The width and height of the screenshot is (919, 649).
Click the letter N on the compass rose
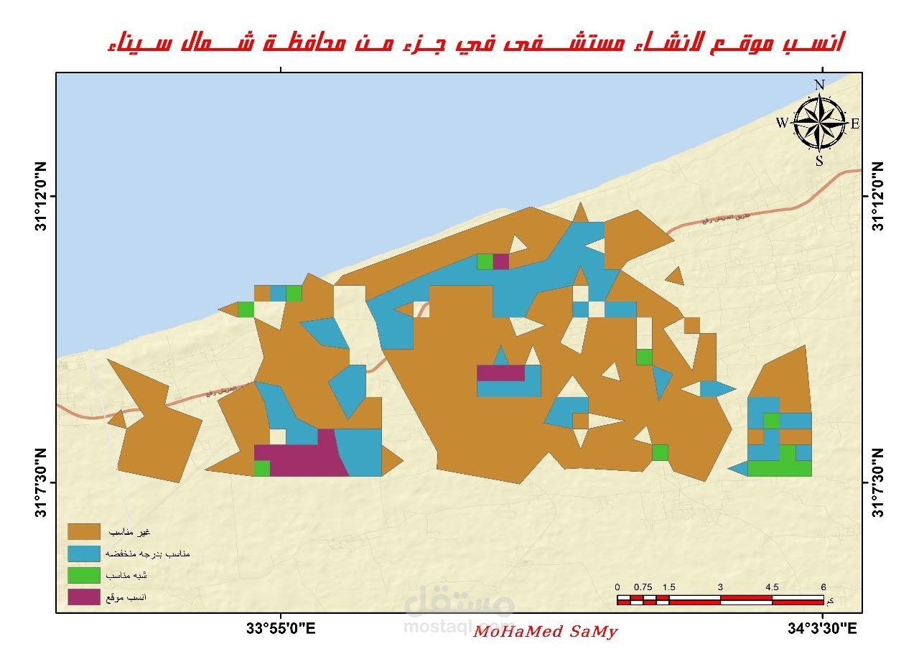[819, 85]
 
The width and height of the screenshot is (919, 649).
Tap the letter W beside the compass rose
[781, 123]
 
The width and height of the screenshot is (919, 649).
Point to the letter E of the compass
[855, 123]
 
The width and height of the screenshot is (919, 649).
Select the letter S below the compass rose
[819, 161]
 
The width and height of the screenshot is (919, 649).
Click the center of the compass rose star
[819, 123]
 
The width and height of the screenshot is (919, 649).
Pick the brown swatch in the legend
[83, 532]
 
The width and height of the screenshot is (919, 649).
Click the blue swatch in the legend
[83, 554]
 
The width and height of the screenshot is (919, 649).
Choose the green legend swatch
[83, 575]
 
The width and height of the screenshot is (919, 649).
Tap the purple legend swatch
[83, 597]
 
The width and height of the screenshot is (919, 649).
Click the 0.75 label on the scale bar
[643, 587]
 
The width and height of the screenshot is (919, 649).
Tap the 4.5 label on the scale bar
[772, 587]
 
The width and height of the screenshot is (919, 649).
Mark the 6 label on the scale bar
[824, 587]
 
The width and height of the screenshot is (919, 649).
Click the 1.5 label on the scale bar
[669, 587]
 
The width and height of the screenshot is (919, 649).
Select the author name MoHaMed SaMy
[546, 632]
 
